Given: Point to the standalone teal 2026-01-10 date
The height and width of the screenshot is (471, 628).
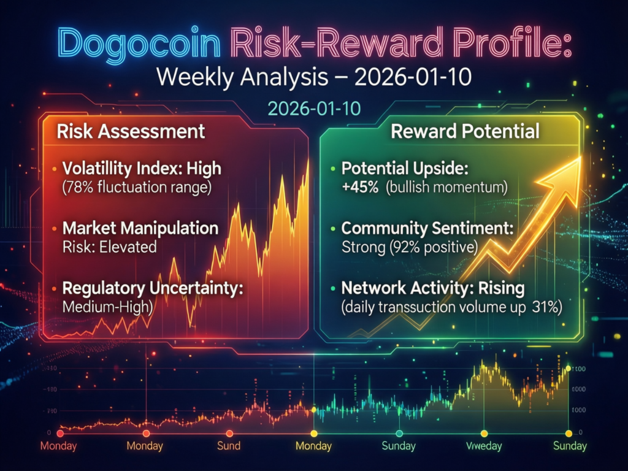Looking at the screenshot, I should click(x=313, y=108).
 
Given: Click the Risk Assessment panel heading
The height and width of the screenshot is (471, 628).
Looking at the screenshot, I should click(x=131, y=131).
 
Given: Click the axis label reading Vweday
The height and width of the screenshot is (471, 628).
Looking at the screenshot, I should click(x=484, y=446).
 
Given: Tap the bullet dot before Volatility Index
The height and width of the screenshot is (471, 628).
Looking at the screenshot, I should click(x=55, y=168).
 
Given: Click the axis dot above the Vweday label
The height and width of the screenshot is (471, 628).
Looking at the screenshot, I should click(x=484, y=432).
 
